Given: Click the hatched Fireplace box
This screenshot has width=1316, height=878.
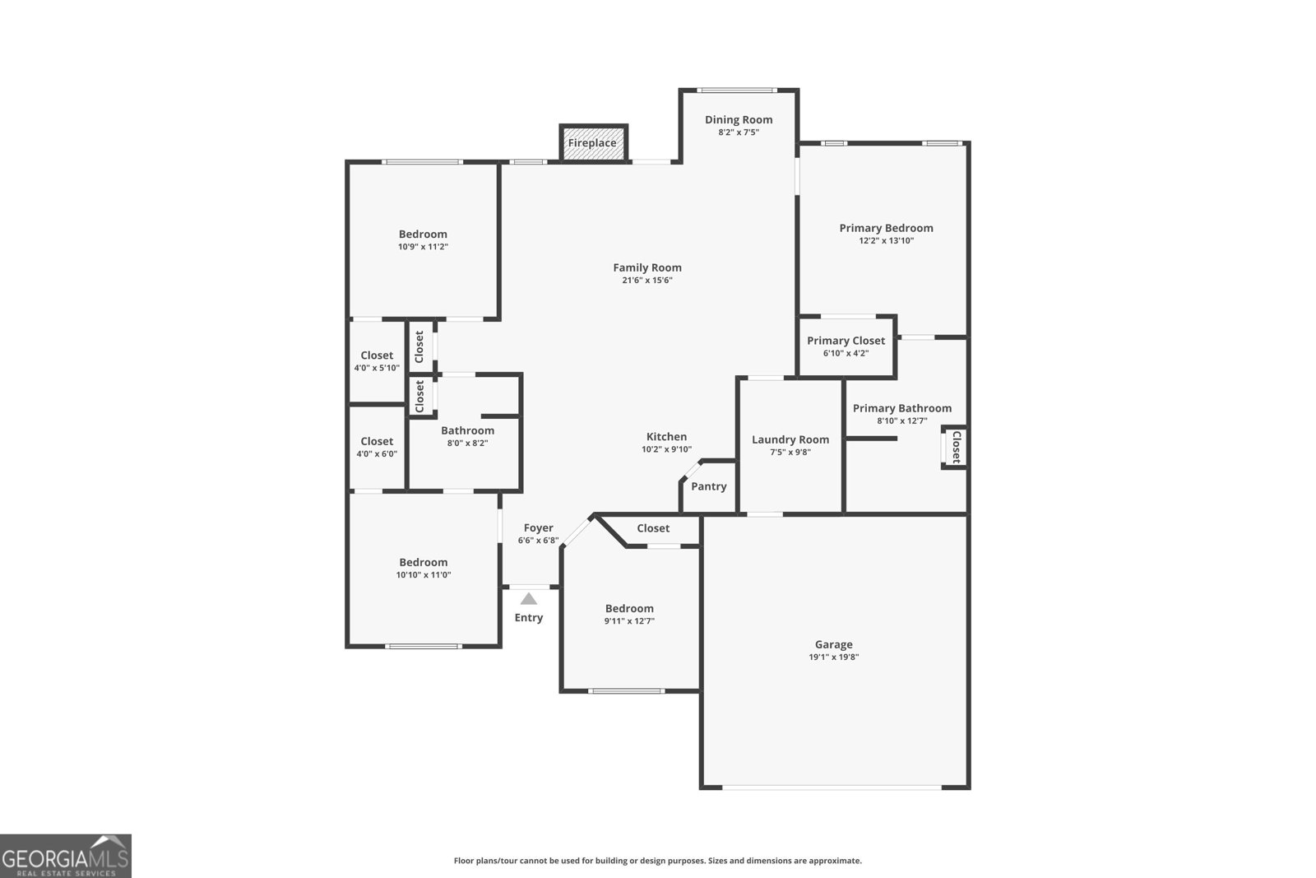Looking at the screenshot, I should [593, 143].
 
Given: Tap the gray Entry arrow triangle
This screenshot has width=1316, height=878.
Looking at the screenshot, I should [529, 599].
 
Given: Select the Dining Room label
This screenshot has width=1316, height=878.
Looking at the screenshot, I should [739, 119].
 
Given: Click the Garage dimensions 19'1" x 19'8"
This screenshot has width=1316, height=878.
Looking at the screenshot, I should [833, 657].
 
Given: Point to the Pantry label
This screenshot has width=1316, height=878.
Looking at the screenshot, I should [708, 486].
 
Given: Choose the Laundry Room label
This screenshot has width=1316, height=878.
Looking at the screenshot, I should [790, 439].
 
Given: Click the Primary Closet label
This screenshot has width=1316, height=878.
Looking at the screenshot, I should [846, 341].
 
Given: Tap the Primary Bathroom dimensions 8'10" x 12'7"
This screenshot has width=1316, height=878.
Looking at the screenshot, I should [901, 420].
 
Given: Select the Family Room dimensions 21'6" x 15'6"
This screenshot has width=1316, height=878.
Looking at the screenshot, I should [647, 280].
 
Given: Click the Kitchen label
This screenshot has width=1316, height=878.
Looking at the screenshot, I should [666, 437].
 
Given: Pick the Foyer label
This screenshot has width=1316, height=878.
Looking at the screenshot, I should [539, 528].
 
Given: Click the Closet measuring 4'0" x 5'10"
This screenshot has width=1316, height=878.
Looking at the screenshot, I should [377, 361].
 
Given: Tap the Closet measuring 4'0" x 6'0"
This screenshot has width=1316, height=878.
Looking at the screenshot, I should [377, 447].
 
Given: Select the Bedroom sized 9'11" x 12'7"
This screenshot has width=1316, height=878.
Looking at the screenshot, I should [629, 615].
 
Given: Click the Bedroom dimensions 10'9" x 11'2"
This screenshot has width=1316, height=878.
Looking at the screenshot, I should [423, 247].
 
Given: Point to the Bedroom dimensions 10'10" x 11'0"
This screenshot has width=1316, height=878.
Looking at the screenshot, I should [423, 575].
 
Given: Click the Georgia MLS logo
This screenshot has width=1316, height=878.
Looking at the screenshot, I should [66, 856].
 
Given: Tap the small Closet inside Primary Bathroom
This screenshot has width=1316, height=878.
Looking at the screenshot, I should [955, 447].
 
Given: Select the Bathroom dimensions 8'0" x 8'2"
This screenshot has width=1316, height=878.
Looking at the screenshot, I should [467, 443].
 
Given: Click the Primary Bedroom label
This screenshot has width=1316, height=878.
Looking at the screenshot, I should [886, 228].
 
